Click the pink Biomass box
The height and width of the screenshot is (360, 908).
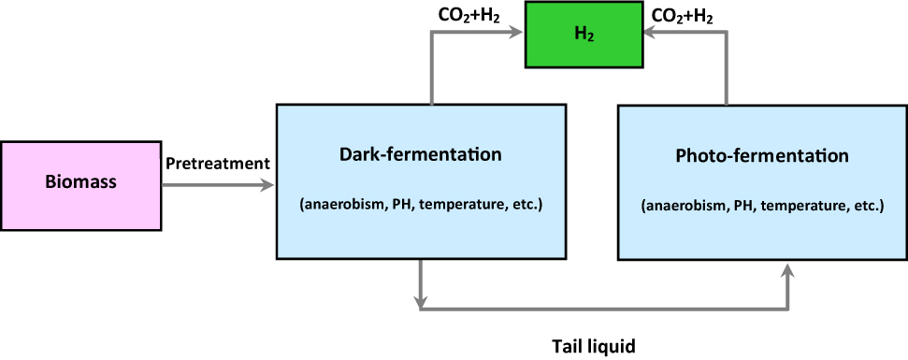80,182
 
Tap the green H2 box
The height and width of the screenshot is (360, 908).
584,35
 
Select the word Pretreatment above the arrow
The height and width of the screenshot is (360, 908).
217,164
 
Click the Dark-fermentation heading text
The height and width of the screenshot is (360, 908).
421,153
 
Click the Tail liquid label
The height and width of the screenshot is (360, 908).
593,346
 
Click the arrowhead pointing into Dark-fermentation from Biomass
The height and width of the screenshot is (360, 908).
269,185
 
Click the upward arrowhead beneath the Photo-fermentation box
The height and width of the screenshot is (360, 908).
788,270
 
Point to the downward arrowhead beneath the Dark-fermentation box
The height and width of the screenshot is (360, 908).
422,301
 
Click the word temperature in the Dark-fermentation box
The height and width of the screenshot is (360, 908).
462,205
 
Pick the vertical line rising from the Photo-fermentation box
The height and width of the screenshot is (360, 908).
726,70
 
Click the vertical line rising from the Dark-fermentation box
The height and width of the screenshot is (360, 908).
431,70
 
